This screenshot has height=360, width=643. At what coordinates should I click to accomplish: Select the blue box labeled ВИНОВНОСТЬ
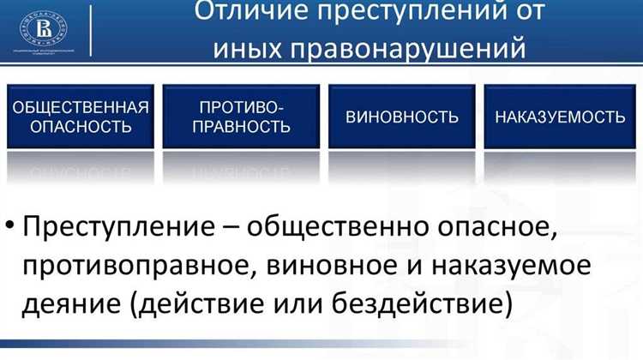402,117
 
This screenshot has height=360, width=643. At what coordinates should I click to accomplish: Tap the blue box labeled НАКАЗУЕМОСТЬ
560,117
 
